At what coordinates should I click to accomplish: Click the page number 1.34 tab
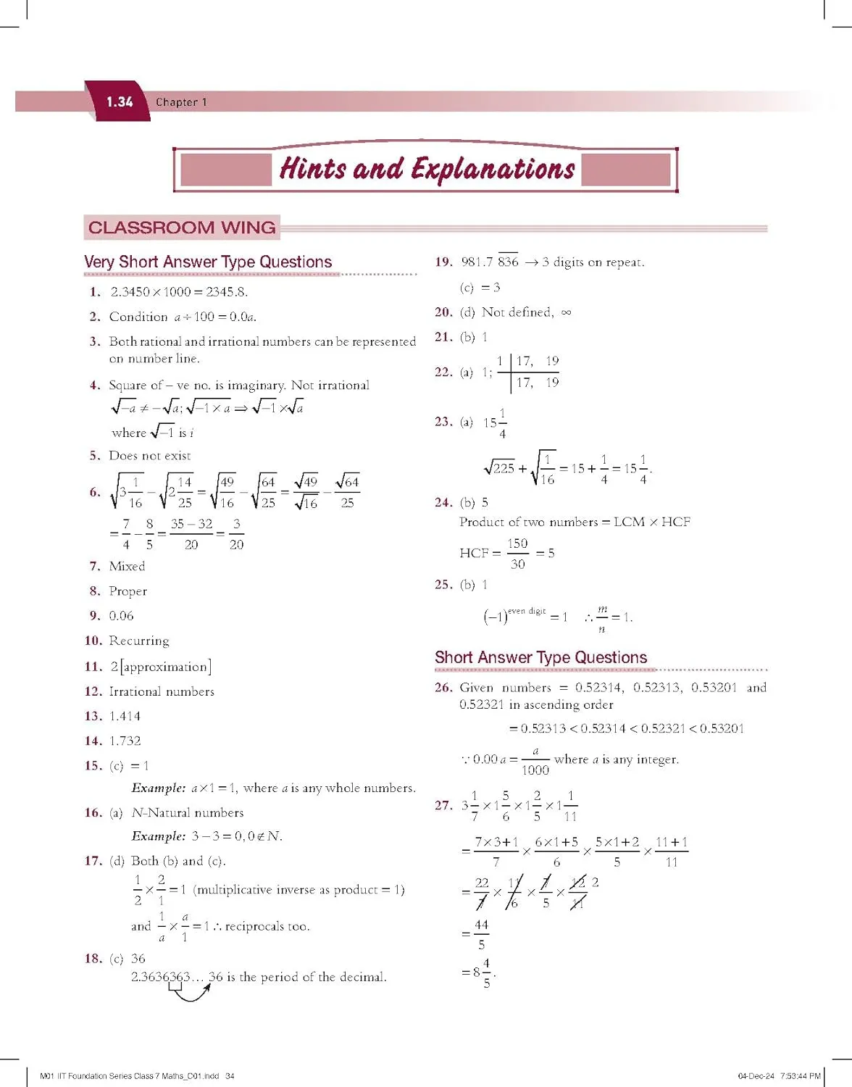click(120, 102)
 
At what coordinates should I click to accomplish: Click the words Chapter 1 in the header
click(181, 102)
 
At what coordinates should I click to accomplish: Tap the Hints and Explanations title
click(427, 169)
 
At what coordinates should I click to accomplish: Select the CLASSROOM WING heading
click(182, 228)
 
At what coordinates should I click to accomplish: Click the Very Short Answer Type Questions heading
click(208, 262)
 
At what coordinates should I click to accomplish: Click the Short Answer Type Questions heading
click(540, 657)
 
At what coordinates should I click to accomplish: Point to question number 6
click(95, 492)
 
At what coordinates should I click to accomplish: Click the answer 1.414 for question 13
click(125, 716)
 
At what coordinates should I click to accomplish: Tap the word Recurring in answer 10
click(138, 641)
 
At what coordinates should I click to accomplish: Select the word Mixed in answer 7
click(127, 566)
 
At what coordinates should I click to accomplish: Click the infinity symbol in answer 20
click(567, 312)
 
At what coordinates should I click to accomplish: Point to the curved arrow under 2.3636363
click(190, 993)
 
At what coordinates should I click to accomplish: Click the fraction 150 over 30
click(517, 553)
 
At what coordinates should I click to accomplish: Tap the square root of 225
click(499, 468)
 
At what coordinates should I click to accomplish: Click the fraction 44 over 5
click(482, 935)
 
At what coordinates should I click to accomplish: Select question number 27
click(443, 805)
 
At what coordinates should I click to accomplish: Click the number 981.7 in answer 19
click(477, 262)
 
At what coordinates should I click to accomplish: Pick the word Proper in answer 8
click(128, 591)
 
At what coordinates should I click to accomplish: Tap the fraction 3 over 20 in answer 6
click(236, 534)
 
